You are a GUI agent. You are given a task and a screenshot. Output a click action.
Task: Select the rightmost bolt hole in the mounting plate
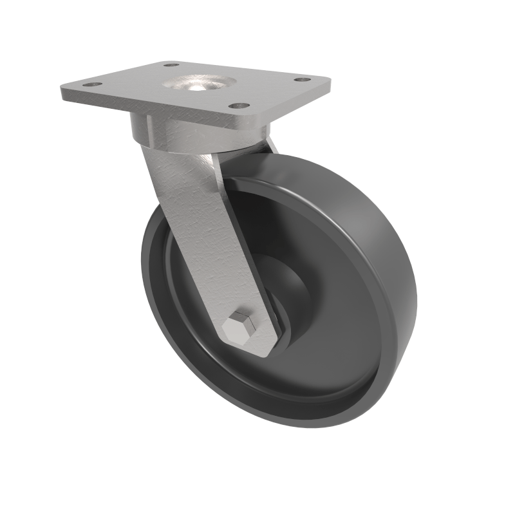click(299, 80)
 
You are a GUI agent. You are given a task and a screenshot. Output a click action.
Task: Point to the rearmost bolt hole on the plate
click(171, 65)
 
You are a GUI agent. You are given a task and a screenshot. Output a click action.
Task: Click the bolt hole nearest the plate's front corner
click(241, 105)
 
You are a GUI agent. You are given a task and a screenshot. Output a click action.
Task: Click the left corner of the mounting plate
click(62, 89)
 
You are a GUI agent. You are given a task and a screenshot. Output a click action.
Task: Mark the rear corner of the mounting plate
click(161, 62)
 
